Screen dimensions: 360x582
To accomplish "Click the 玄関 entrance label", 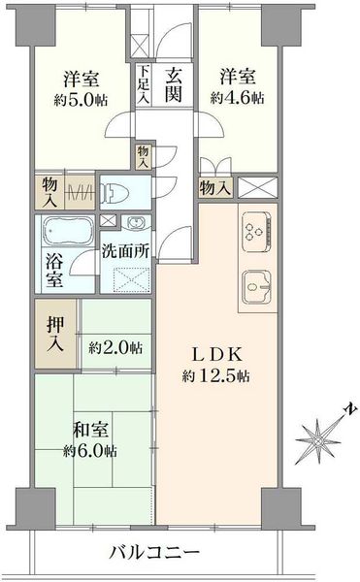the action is click(174, 85).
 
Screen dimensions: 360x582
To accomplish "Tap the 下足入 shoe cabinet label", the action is click(144, 85).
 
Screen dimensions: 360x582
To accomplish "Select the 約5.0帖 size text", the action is click(81, 100).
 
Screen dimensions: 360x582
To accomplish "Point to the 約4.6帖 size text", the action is click(238, 98).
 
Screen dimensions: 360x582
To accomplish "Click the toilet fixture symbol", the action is click(115, 193).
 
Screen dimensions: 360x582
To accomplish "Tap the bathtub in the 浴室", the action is click(67, 231).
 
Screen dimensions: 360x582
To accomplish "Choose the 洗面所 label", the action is click(125, 251).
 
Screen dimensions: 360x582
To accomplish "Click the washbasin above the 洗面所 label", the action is click(136, 222).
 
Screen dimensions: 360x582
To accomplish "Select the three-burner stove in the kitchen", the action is click(256, 233).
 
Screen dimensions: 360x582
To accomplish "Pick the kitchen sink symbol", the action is click(256, 287).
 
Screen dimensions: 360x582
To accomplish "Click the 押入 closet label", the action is click(55, 335).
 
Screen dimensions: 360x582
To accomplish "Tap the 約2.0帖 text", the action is click(115, 348).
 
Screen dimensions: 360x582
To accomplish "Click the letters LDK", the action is click(216, 355).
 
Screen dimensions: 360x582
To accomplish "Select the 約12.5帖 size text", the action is click(215, 376).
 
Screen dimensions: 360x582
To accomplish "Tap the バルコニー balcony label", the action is click(154, 553).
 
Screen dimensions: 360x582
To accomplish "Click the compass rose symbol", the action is click(317, 441).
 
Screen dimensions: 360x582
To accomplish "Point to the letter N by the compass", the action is click(350, 409).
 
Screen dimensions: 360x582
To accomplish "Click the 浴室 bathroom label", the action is click(54, 271).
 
